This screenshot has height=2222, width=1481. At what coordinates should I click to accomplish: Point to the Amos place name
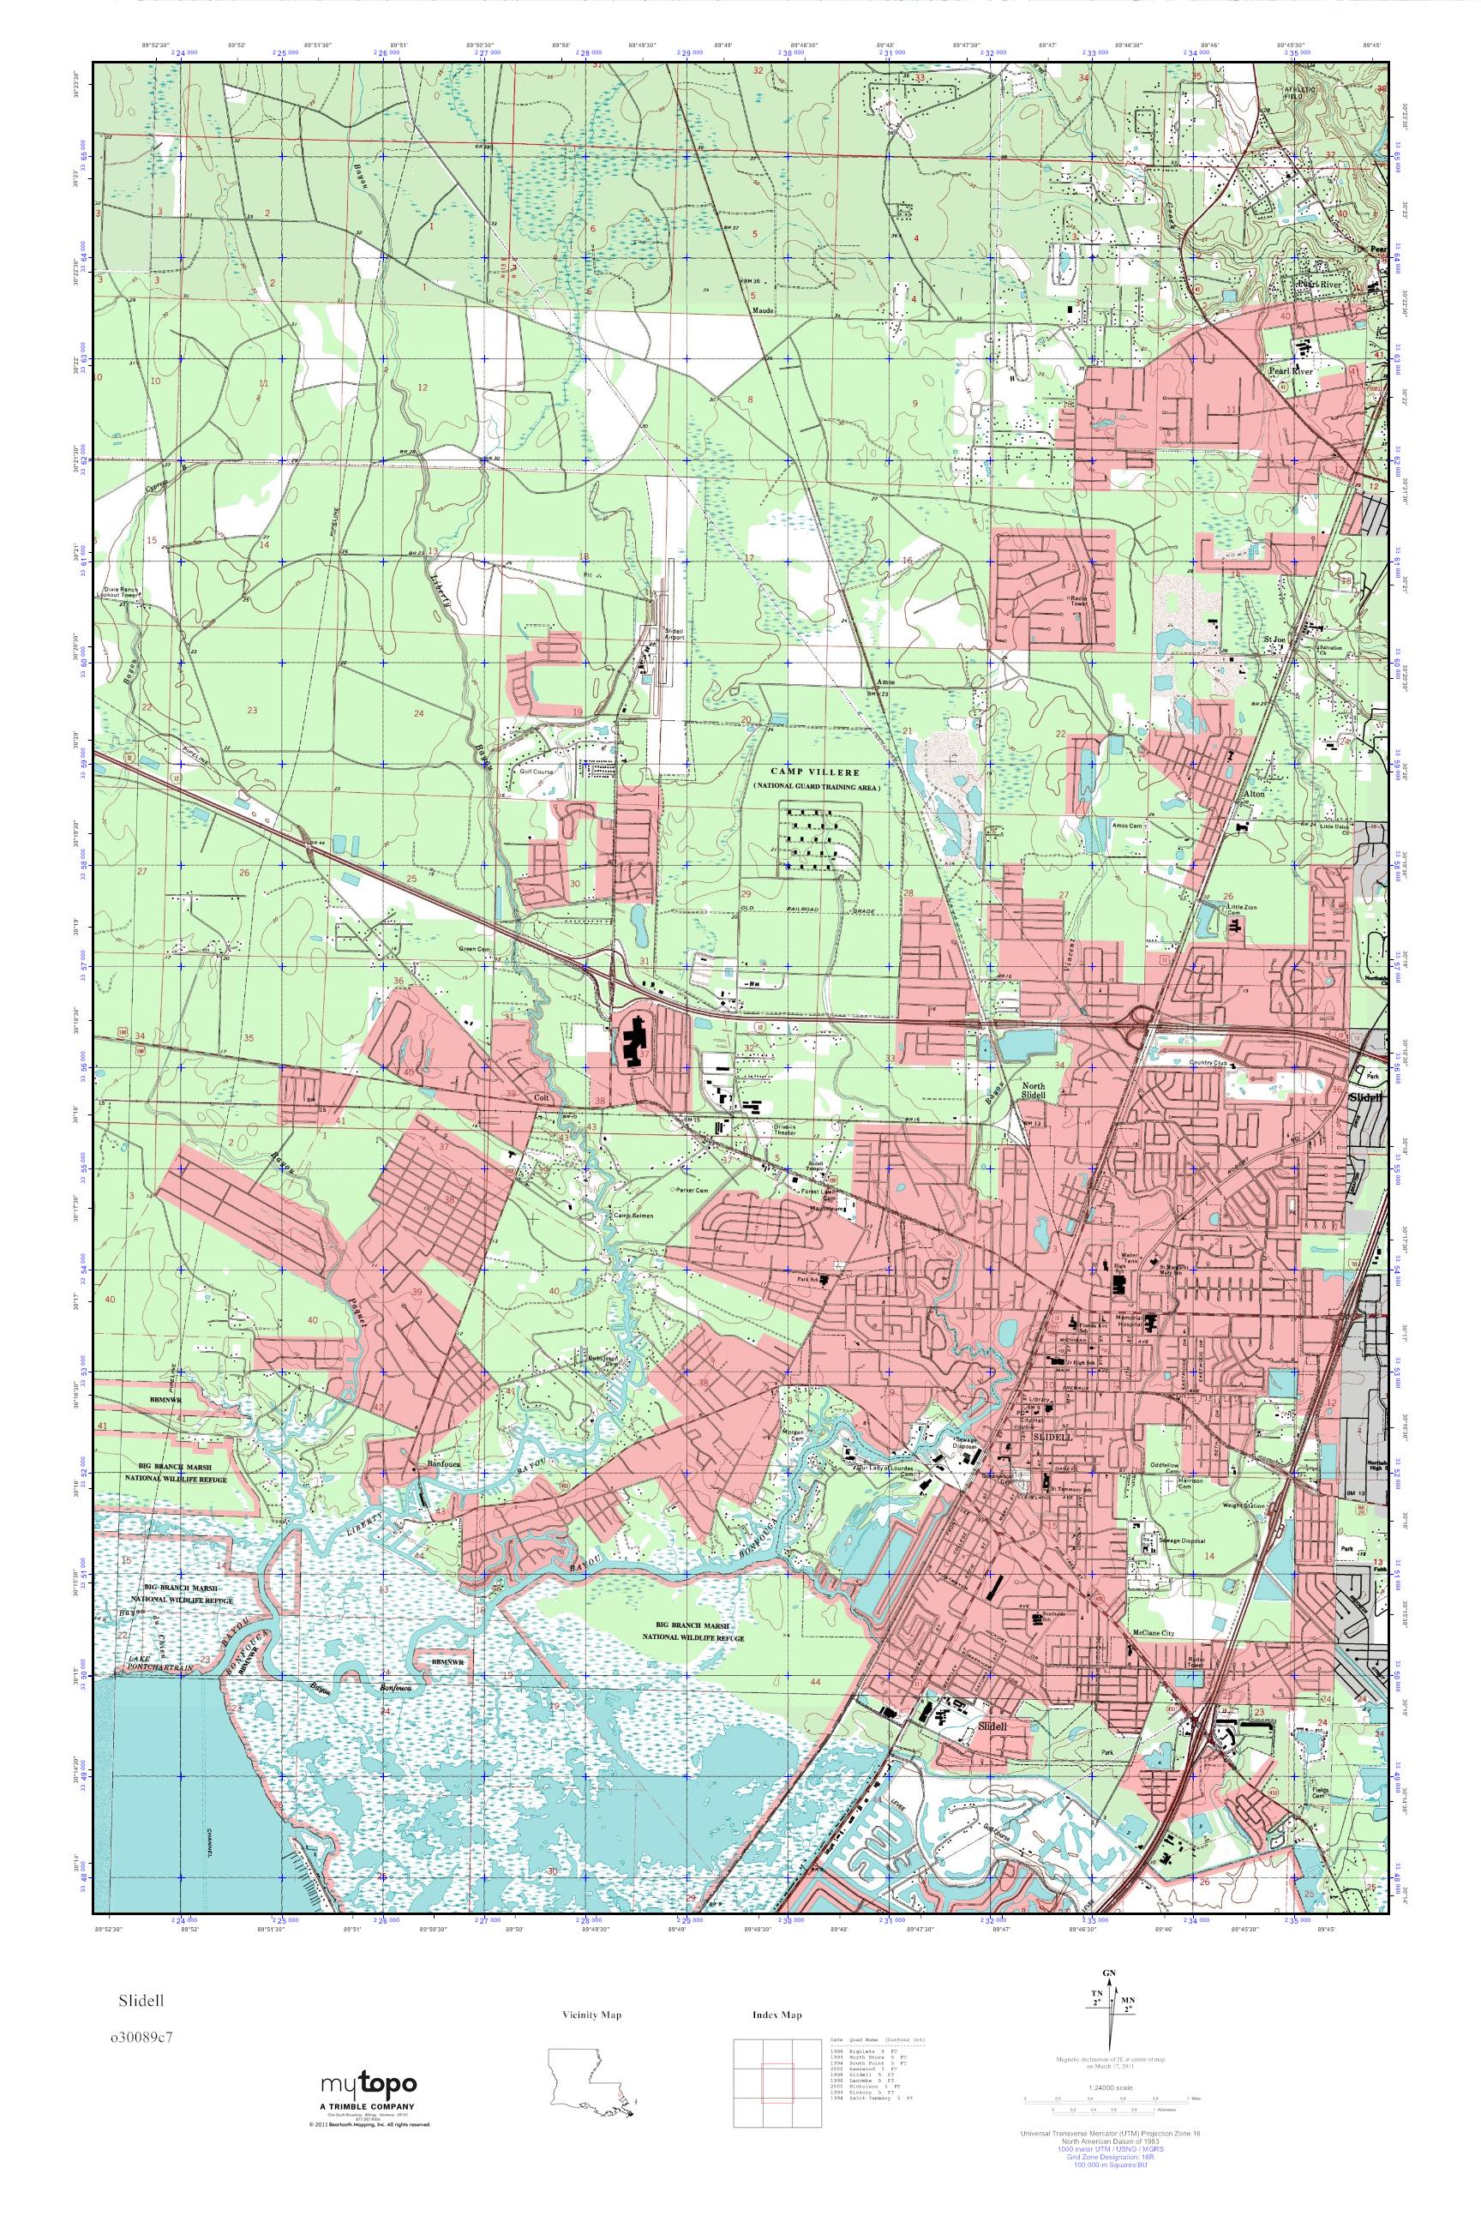coord(885,682)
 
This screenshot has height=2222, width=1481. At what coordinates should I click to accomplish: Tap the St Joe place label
coord(1275,640)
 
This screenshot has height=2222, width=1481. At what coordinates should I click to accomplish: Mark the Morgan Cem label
coord(793,1435)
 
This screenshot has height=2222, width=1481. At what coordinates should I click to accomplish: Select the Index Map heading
coord(776,2015)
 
